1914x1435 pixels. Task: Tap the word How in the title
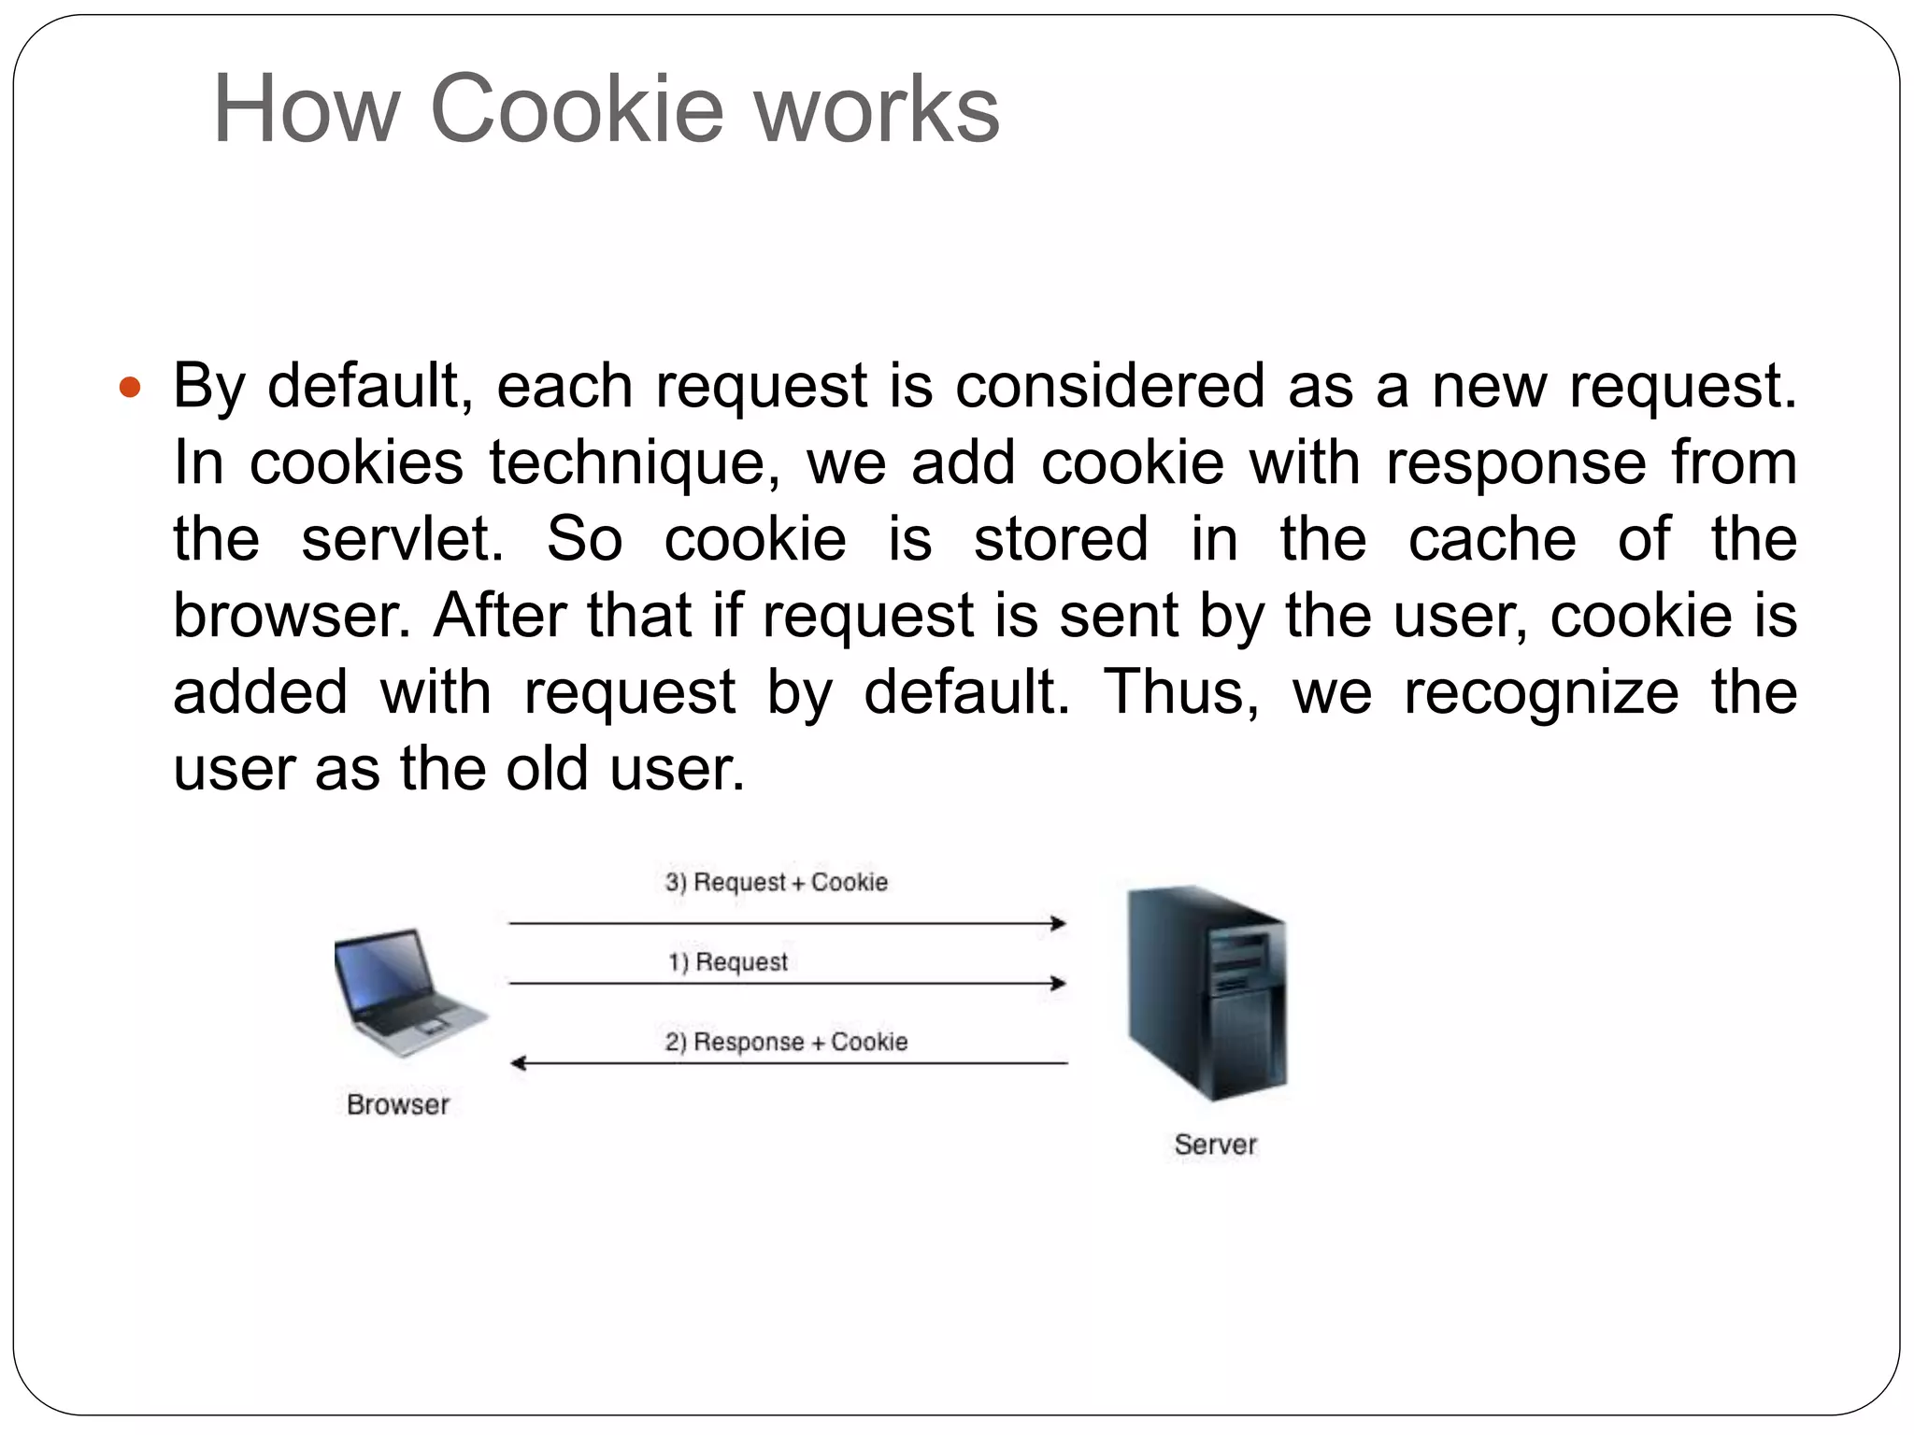307,109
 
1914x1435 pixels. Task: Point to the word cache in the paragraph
1492,539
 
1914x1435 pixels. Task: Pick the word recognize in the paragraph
1541,692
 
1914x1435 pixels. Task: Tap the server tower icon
1208,992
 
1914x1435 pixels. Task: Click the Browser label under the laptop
398,1104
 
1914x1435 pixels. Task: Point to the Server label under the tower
1215,1144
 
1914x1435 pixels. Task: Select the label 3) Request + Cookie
776,882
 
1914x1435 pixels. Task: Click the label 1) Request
727,961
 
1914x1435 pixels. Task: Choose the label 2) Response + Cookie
786,1041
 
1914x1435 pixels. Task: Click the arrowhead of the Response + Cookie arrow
518,1063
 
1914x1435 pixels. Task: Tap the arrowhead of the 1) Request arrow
1059,983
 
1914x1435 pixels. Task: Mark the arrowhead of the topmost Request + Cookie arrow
1059,923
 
